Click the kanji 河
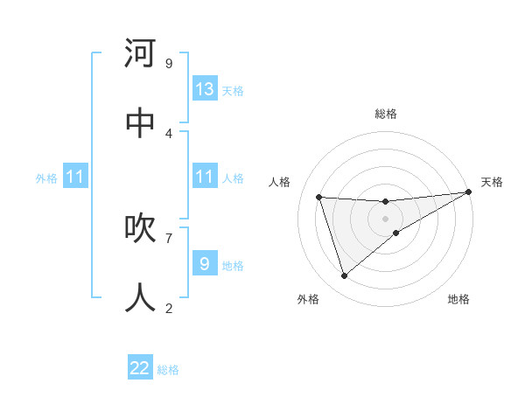coord(141,53)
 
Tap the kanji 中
coord(141,123)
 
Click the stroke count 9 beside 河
coord(169,63)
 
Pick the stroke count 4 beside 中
coord(169,133)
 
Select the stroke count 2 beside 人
coord(169,308)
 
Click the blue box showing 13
coord(205,89)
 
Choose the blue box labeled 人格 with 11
coord(205,177)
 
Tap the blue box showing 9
coord(205,263)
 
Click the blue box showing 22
coord(140,368)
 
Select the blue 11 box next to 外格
coord(74,177)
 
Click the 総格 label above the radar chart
coord(386,114)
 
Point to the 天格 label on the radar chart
coord(493,182)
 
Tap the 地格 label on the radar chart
coord(458,299)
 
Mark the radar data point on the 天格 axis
coord(468,192)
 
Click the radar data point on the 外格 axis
coord(344,276)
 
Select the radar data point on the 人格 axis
coord(319,198)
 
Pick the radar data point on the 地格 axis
coord(396,233)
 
